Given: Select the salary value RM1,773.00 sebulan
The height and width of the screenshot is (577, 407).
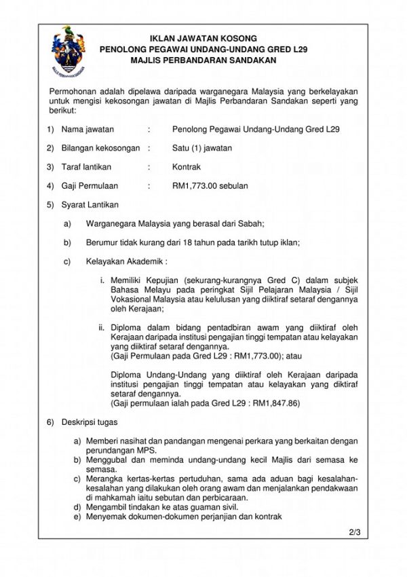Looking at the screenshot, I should [210, 185].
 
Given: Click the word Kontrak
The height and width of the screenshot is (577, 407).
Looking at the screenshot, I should [187, 166].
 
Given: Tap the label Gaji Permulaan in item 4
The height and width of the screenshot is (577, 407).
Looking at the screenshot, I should [90, 185].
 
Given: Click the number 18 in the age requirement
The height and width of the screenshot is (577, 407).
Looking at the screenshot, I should [203, 242].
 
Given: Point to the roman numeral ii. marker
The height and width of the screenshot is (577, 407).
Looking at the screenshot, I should [103, 326].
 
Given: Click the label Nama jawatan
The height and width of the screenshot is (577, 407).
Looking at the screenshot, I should [88, 128].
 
